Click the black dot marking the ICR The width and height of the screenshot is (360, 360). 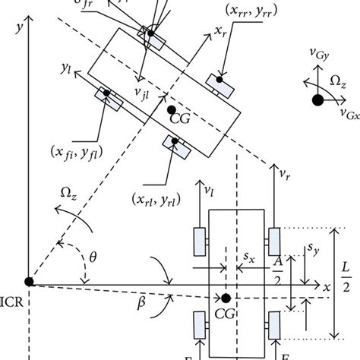point(29,282)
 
